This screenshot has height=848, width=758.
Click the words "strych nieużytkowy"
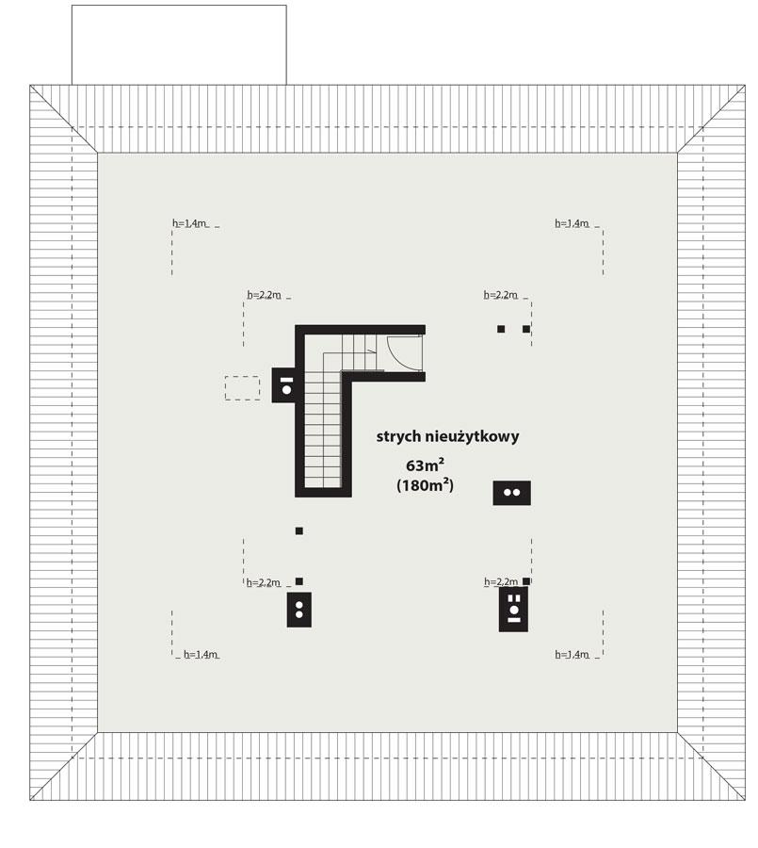click(x=447, y=437)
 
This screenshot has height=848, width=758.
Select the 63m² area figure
click(x=425, y=465)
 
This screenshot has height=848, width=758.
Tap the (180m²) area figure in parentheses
click(x=425, y=486)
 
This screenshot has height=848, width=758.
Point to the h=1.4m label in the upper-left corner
click(x=189, y=223)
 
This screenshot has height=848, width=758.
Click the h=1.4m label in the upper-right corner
click(x=572, y=223)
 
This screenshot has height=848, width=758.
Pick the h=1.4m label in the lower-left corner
click(x=201, y=654)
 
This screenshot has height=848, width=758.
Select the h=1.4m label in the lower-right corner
click(x=572, y=654)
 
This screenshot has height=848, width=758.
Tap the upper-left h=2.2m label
click(x=265, y=295)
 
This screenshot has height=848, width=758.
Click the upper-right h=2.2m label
click(x=501, y=295)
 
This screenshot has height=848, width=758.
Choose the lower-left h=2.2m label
click(x=265, y=582)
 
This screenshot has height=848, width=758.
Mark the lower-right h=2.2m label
click(x=501, y=582)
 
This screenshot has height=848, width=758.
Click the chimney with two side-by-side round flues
click(x=512, y=493)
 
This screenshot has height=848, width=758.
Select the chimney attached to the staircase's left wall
click(x=285, y=385)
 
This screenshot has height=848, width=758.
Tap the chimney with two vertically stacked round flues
click(x=299, y=610)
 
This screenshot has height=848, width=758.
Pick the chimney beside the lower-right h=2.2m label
click(x=514, y=609)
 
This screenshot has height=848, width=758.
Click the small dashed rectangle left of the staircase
click(x=242, y=387)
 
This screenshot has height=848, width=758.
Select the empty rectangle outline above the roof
click(x=179, y=44)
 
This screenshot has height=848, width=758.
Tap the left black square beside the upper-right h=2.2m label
click(x=501, y=329)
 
